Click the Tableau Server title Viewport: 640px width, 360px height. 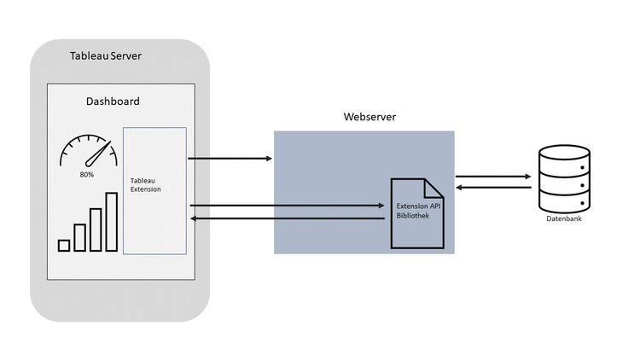coord(106,56)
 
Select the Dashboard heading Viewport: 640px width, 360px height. coord(113,102)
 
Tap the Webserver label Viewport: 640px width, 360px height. coord(369,117)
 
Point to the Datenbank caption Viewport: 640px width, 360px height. coord(564,220)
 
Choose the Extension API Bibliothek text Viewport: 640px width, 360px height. coord(418,212)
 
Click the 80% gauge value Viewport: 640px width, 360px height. coord(87,174)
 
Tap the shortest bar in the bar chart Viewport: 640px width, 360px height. coord(64,246)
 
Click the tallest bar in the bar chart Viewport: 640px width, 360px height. coord(111,223)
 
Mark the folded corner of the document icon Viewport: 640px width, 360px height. coord(433,187)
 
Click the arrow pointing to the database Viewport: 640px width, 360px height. coord(494,177)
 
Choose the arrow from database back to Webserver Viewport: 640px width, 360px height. coord(494,189)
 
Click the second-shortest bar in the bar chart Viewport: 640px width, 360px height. coord(79,238)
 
